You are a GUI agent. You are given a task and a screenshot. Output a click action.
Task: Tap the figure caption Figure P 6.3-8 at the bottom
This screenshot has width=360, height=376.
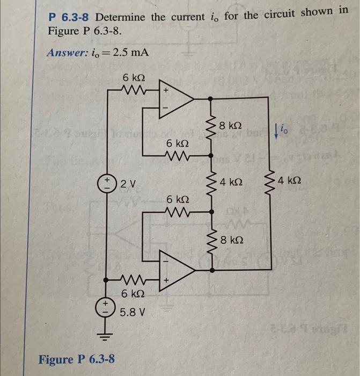(76, 359)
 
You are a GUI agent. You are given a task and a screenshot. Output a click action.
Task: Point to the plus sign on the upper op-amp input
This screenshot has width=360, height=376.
(166, 91)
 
